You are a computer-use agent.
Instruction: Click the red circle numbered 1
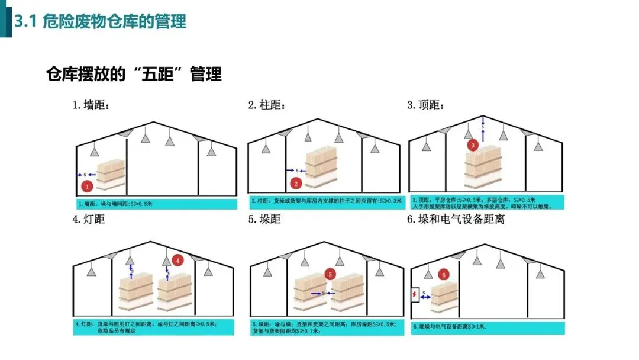point(88,187)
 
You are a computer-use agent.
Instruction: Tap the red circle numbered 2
point(297,184)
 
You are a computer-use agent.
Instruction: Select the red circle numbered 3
point(472,144)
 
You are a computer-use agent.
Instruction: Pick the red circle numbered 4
point(179,260)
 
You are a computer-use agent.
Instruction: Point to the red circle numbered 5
point(331,274)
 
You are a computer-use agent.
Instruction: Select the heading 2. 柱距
point(267,105)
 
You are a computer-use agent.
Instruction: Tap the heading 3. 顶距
point(425,105)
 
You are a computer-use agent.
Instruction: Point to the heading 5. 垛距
point(264,220)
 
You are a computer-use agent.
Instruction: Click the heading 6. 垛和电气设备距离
point(456,220)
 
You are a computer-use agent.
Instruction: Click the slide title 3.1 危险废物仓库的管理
point(101,22)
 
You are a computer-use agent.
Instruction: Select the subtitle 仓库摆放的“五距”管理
point(134,74)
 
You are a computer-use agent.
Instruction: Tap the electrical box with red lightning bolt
point(414,294)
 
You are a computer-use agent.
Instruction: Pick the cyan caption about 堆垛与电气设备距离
point(488,327)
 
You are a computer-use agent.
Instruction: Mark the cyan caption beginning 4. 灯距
point(153,327)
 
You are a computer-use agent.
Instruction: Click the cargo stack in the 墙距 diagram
point(112,175)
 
